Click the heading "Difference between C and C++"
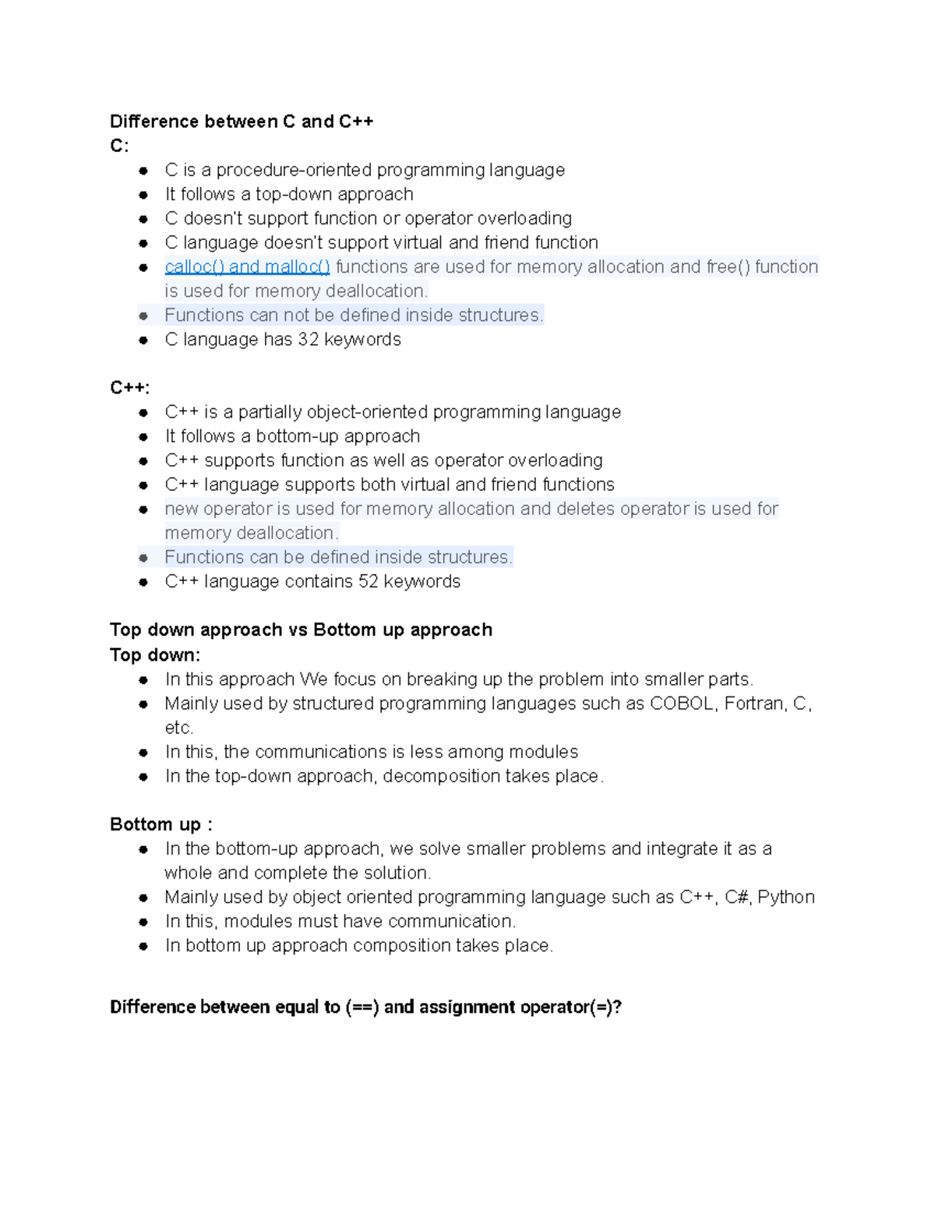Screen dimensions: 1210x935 click(242, 122)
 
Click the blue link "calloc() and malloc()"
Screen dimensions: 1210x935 click(247, 266)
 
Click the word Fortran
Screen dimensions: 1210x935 click(753, 704)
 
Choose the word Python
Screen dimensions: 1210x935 click(786, 897)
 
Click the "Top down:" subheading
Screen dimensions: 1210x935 click(155, 654)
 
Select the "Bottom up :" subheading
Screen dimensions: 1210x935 click(161, 824)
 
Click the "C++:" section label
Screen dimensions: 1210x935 click(129, 388)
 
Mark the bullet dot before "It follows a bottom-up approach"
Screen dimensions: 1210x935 click(143, 436)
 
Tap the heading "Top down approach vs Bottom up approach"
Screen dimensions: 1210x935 click(301, 630)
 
